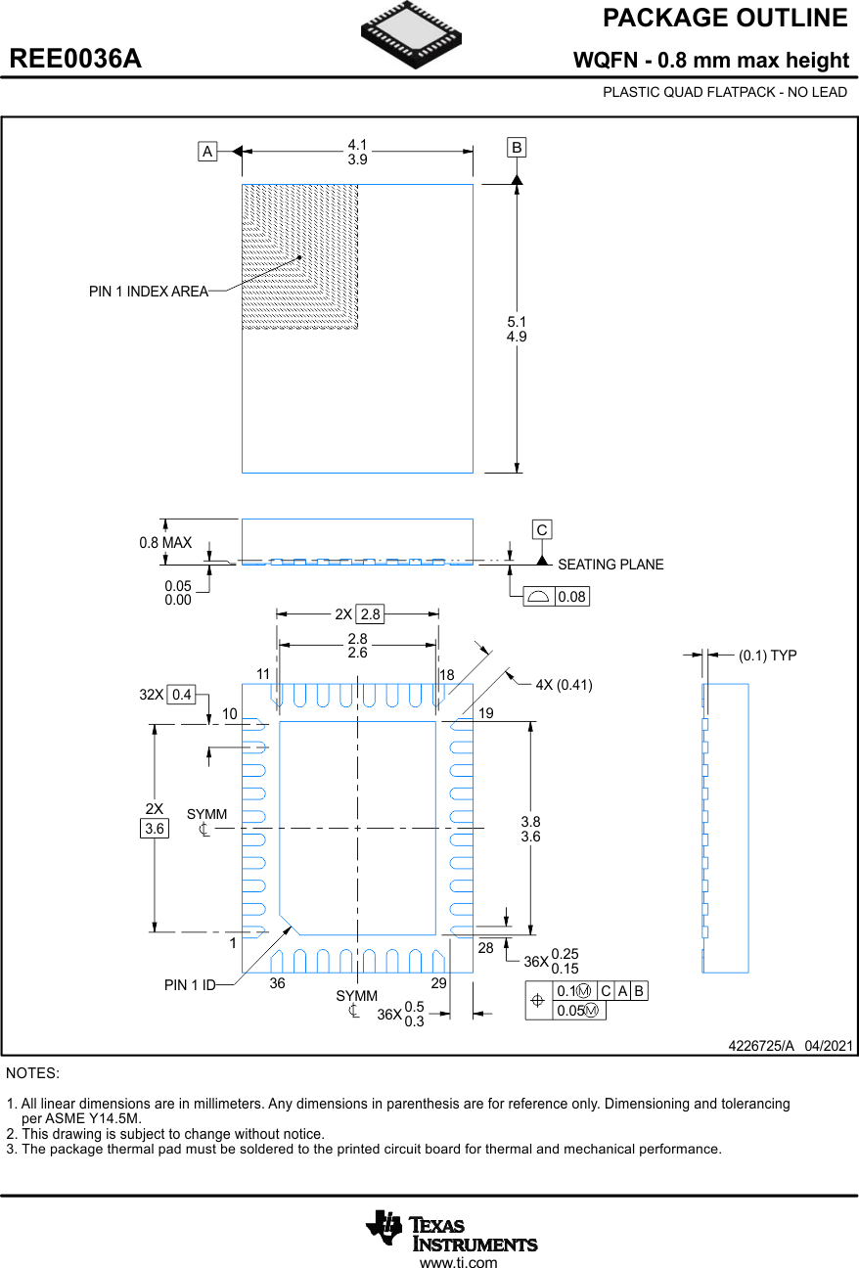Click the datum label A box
[x=207, y=152]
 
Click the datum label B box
[x=517, y=148]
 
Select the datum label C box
[x=541, y=529]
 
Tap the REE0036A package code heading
[x=75, y=59]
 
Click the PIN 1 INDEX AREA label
[x=149, y=292]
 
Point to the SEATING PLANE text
[x=610, y=565]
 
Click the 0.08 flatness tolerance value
[x=571, y=597]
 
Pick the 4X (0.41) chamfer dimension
[x=564, y=685]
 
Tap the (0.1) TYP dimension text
[x=767, y=656]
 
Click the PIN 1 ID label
[x=190, y=985]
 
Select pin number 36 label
[x=278, y=983]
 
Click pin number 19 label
[x=486, y=714]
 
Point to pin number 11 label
[x=263, y=674]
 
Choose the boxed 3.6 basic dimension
[x=155, y=829]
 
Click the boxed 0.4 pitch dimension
[x=181, y=695]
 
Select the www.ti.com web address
[x=458, y=1263]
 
